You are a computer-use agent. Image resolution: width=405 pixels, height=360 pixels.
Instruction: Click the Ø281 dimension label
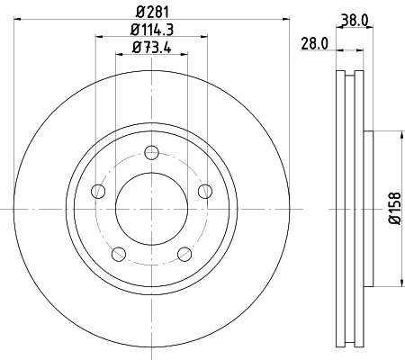click(150, 12)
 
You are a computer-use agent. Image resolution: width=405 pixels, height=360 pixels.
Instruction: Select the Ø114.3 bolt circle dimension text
click(150, 31)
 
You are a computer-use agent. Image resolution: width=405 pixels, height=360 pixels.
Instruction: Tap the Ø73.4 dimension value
click(150, 48)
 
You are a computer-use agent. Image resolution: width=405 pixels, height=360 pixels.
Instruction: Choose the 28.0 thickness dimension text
click(313, 42)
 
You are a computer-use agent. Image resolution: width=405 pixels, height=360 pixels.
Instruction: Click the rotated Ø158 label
click(393, 209)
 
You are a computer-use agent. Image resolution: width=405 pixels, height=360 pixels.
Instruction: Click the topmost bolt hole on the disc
click(151, 151)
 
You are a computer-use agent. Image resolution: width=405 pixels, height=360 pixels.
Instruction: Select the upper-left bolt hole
click(97, 190)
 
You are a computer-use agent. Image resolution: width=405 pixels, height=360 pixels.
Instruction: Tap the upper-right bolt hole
click(205, 190)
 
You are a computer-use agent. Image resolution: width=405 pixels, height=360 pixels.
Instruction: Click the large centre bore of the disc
click(151, 209)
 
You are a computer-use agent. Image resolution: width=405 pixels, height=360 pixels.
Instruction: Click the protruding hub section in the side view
click(368, 209)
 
